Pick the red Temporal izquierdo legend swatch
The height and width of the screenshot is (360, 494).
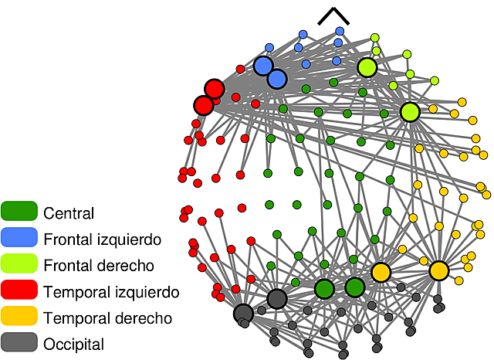click(x=19, y=291)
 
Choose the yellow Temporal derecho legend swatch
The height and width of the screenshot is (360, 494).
click(x=19, y=318)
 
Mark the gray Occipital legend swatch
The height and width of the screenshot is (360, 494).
click(x=19, y=344)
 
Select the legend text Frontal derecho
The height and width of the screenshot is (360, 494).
click(x=100, y=266)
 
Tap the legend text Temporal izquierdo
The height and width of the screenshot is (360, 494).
click(x=111, y=292)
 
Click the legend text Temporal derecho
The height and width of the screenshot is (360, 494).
click(x=108, y=318)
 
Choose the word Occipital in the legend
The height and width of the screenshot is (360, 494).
click(x=74, y=345)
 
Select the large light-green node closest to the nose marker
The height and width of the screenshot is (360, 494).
click(x=367, y=68)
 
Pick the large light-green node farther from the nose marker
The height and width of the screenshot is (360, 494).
click(x=410, y=112)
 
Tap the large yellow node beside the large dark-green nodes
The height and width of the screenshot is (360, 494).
click(x=381, y=272)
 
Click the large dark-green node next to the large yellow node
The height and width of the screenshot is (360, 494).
click(x=354, y=287)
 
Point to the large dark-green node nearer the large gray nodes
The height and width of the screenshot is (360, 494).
click(x=324, y=289)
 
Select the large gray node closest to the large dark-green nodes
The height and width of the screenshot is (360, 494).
click(x=277, y=299)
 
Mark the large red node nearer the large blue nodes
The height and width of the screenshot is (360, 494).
click(x=214, y=88)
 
